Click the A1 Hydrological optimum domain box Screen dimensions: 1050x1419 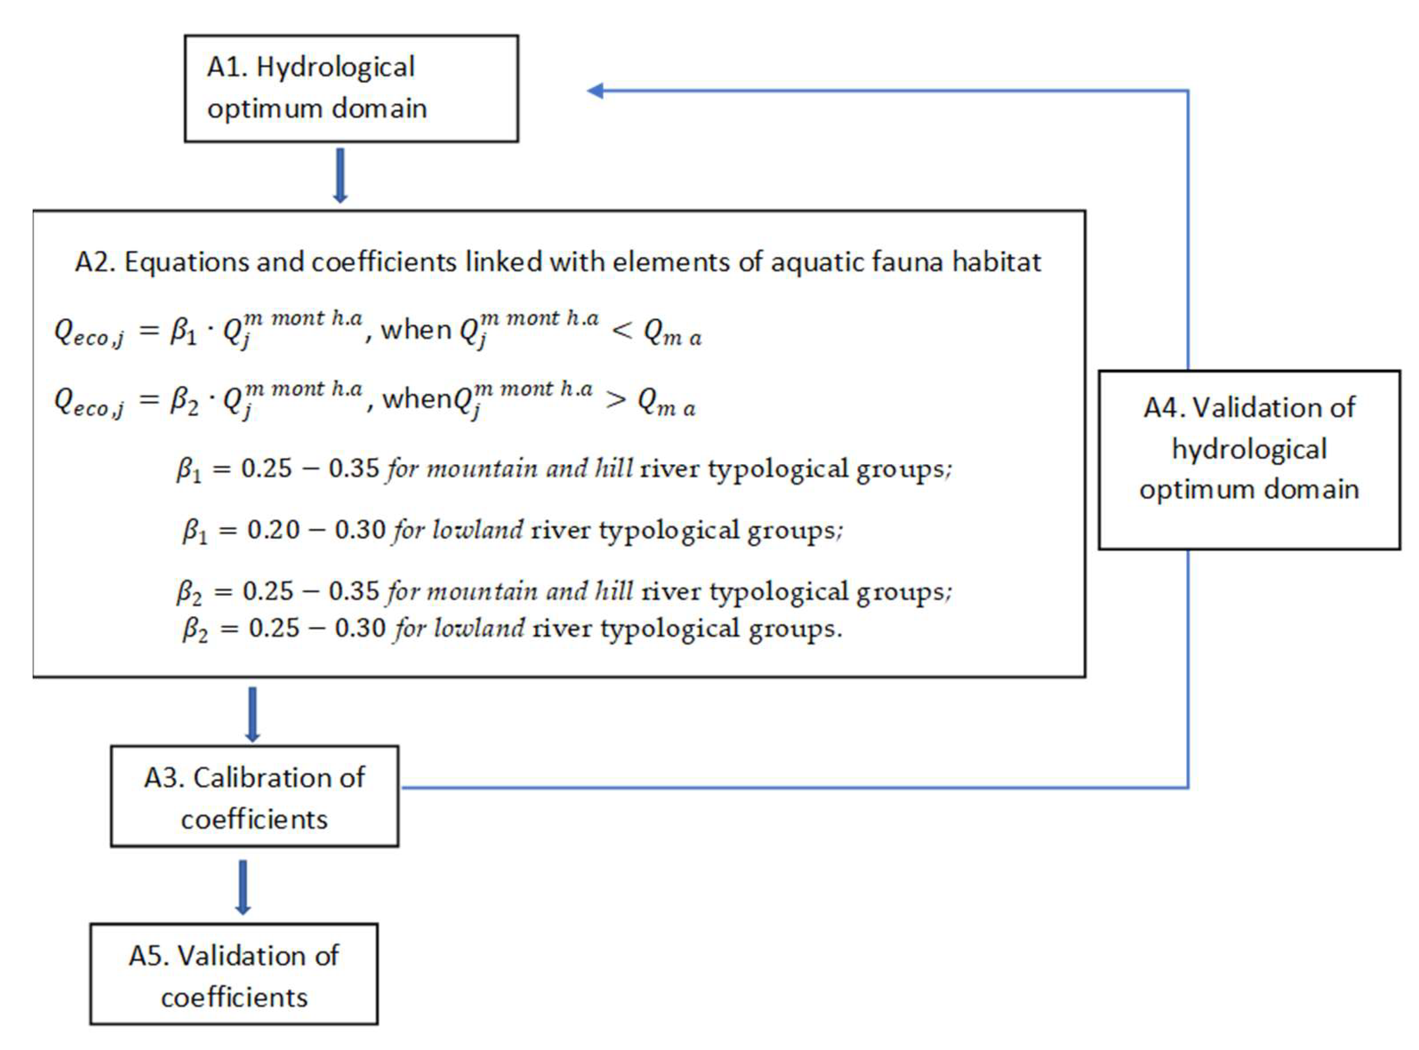(x=351, y=88)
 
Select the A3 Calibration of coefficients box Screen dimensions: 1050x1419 (x=254, y=797)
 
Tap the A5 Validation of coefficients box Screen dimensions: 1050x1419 (x=233, y=974)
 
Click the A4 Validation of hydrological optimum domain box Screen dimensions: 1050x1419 (x=1249, y=460)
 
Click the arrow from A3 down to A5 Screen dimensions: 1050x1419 (x=242, y=887)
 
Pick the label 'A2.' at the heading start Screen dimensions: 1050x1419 (x=95, y=262)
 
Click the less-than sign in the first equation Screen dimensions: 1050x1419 (x=622, y=330)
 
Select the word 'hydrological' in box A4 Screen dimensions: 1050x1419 (x=1249, y=449)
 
